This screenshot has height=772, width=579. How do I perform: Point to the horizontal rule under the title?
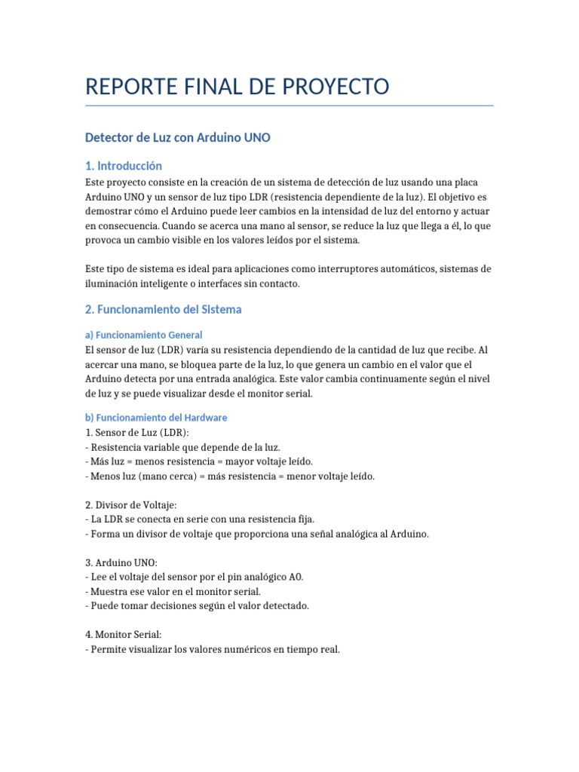[x=289, y=106]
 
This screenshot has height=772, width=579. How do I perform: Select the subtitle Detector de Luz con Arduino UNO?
[x=177, y=138]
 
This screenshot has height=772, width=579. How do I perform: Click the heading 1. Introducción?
[x=124, y=166]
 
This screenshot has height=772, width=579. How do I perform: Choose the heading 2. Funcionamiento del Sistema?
[x=164, y=309]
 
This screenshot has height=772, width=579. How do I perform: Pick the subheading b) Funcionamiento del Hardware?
[x=156, y=418]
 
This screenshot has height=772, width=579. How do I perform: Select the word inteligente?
[x=173, y=283]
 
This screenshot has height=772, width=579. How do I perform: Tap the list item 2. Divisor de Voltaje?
[x=132, y=505]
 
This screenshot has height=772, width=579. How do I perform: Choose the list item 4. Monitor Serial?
[x=124, y=635]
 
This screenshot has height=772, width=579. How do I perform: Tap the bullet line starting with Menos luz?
[x=230, y=476]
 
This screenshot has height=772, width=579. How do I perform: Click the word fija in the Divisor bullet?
[x=305, y=519]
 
